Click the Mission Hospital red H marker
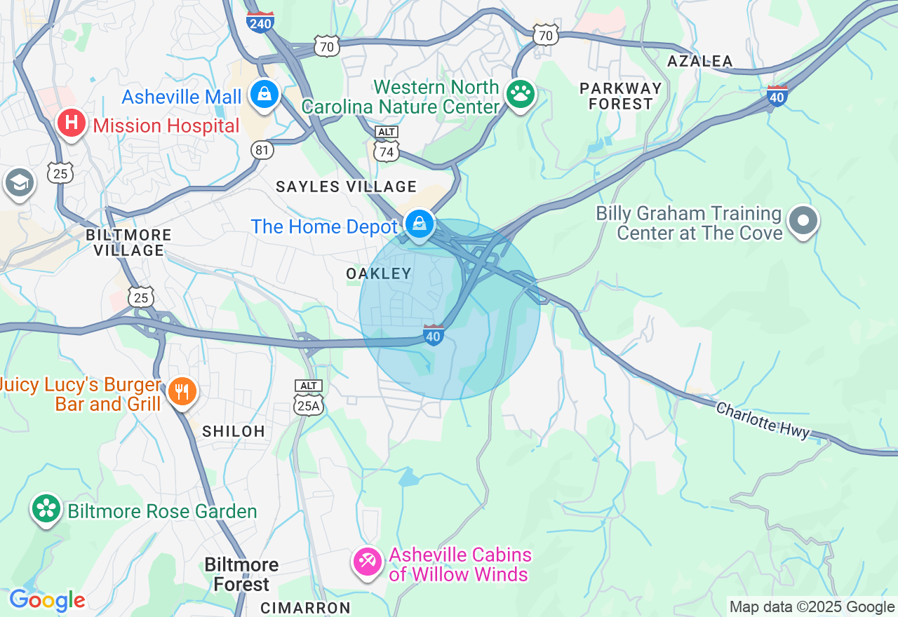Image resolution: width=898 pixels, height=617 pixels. click(71, 123)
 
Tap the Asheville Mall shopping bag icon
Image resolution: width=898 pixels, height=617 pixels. click(264, 94)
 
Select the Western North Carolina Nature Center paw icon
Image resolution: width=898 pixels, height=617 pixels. click(520, 93)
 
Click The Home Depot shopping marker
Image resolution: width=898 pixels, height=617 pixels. click(419, 224)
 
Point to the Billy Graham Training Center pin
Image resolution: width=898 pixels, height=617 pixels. click(803, 221)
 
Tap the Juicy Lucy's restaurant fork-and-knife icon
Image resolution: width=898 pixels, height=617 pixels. click(182, 391)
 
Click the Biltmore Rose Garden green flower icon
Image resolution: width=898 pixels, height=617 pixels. click(47, 508)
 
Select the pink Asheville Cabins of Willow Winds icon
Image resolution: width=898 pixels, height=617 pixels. click(367, 561)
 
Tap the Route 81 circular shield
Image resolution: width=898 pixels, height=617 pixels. click(262, 150)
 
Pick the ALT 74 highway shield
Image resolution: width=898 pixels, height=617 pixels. click(387, 146)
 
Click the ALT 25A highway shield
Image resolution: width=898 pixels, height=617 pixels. click(309, 398)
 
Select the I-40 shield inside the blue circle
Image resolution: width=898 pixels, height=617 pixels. click(434, 335)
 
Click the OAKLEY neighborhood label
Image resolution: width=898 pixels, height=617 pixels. click(379, 273)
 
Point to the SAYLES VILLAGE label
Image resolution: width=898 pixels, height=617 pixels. click(346, 187)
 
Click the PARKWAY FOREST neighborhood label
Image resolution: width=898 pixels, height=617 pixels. click(620, 96)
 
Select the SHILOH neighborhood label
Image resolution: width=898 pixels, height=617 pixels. click(234, 431)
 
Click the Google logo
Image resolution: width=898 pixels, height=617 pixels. click(47, 600)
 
